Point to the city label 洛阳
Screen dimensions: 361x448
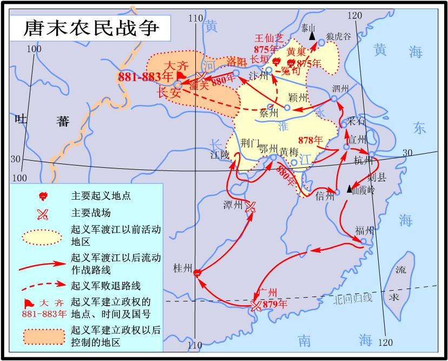click(x=237, y=61)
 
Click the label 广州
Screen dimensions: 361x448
click(x=268, y=293)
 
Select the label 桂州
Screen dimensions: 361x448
click(x=182, y=268)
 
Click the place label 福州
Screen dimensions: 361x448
click(x=364, y=230)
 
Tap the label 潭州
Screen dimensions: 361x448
click(x=233, y=205)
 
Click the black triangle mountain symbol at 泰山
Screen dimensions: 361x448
click(x=312, y=36)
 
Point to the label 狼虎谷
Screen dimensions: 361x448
click(x=338, y=36)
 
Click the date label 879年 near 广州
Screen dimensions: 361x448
click(x=274, y=305)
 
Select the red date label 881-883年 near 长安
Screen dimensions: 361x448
click(x=146, y=77)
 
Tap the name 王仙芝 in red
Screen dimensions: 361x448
click(x=269, y=38)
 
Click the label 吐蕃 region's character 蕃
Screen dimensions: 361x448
click(x=63, y=121)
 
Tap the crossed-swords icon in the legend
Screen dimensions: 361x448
click(x=43, y=213)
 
